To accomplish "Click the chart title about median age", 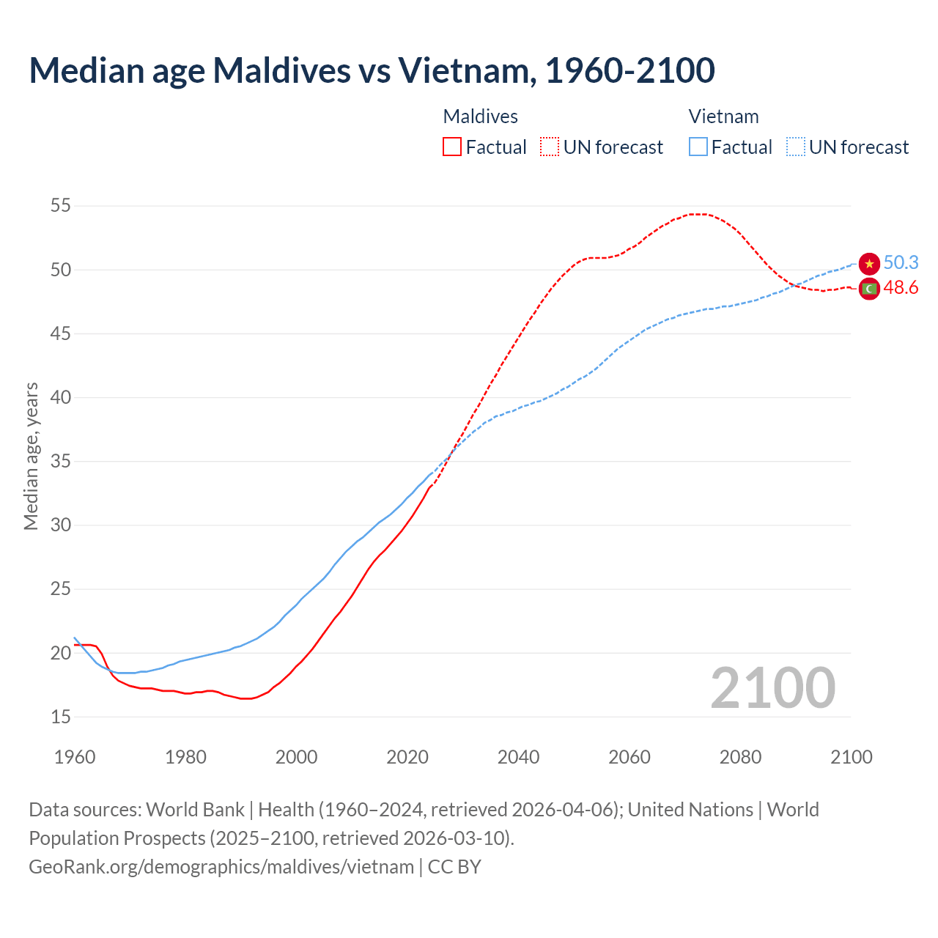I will point(372,70).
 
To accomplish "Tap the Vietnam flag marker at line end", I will point(869,264).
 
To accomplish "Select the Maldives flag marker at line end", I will point(869,289).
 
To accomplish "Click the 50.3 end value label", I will point(901,263).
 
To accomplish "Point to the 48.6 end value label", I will point(901,288).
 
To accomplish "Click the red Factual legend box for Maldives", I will point(452,147).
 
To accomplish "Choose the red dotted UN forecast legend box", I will point(550,147).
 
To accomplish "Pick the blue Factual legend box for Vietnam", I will point(698,147).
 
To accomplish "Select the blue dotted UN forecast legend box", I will point(796,147).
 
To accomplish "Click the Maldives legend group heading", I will point(480,117).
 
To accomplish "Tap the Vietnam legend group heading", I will point(723,117).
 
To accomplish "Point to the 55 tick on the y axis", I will point(61,206).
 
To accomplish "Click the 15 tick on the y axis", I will point(61,717).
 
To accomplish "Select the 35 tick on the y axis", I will point(61,462).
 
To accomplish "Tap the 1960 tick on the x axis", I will point(75,757).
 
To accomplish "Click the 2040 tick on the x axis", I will point(518,757).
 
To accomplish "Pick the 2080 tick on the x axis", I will point(740,757).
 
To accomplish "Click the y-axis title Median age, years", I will point(31,456).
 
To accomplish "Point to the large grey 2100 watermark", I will point(772,687).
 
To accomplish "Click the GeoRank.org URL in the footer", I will point(221,867).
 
